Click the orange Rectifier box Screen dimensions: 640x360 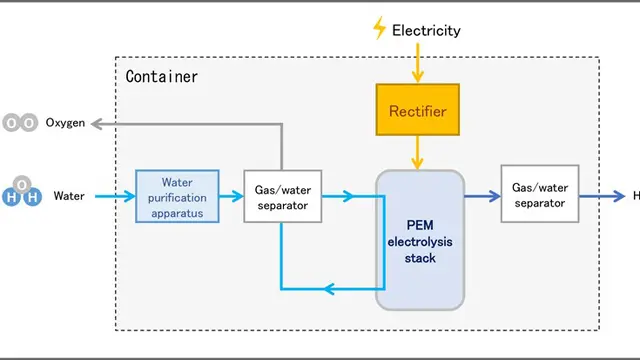click(x=418, y=110)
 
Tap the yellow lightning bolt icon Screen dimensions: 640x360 click(x=380, y=28)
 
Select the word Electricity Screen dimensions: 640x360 click(x=426, y=30)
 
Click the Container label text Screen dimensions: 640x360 click(x=162, y=76)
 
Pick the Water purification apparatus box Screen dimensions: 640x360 click(x=177, y=196)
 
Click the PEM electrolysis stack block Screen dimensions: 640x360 click(x=420, y=240)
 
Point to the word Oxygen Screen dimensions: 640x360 click(x=65, y=122)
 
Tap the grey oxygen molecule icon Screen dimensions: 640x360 click(x=20, y=122)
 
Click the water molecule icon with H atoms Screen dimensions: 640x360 click(x=22, y=191)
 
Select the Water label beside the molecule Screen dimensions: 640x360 click(x=69, y=196)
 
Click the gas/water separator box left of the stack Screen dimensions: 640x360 click(x=282, y=196)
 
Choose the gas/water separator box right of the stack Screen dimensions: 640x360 click(x=540, y=194)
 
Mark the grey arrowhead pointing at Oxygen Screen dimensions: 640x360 click(x=96, y=124)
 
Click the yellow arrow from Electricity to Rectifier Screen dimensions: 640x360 click(x=418, y=62)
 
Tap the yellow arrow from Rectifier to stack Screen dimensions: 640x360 click(x=418, y=152)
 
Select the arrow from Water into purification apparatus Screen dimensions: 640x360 click(x=115, y=196)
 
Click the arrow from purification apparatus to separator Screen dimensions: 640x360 click(x=231, y=196)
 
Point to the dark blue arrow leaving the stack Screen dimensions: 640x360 click(x=482, y=196)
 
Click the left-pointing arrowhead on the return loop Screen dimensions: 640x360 click(x=330, y=289)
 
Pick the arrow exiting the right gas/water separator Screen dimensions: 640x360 click(x=602, y=196)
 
